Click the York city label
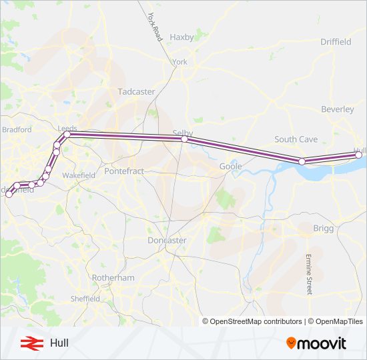[180, 62]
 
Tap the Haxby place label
[181, 37]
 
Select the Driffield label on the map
[336, 41]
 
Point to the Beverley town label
[338, 109]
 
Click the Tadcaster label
[136, 91]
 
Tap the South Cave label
[296, 139]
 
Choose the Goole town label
[230, 166]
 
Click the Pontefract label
[124, 171]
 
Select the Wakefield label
[79, 175]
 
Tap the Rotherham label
[114, 277]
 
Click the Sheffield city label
[85, 299]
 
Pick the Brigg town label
[322, 228]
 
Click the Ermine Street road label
[309, 274]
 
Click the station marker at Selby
[185, 139]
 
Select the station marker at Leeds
[67, 134]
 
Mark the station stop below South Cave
[302, 161]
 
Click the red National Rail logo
[29, 343]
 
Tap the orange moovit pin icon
[291, 343]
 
